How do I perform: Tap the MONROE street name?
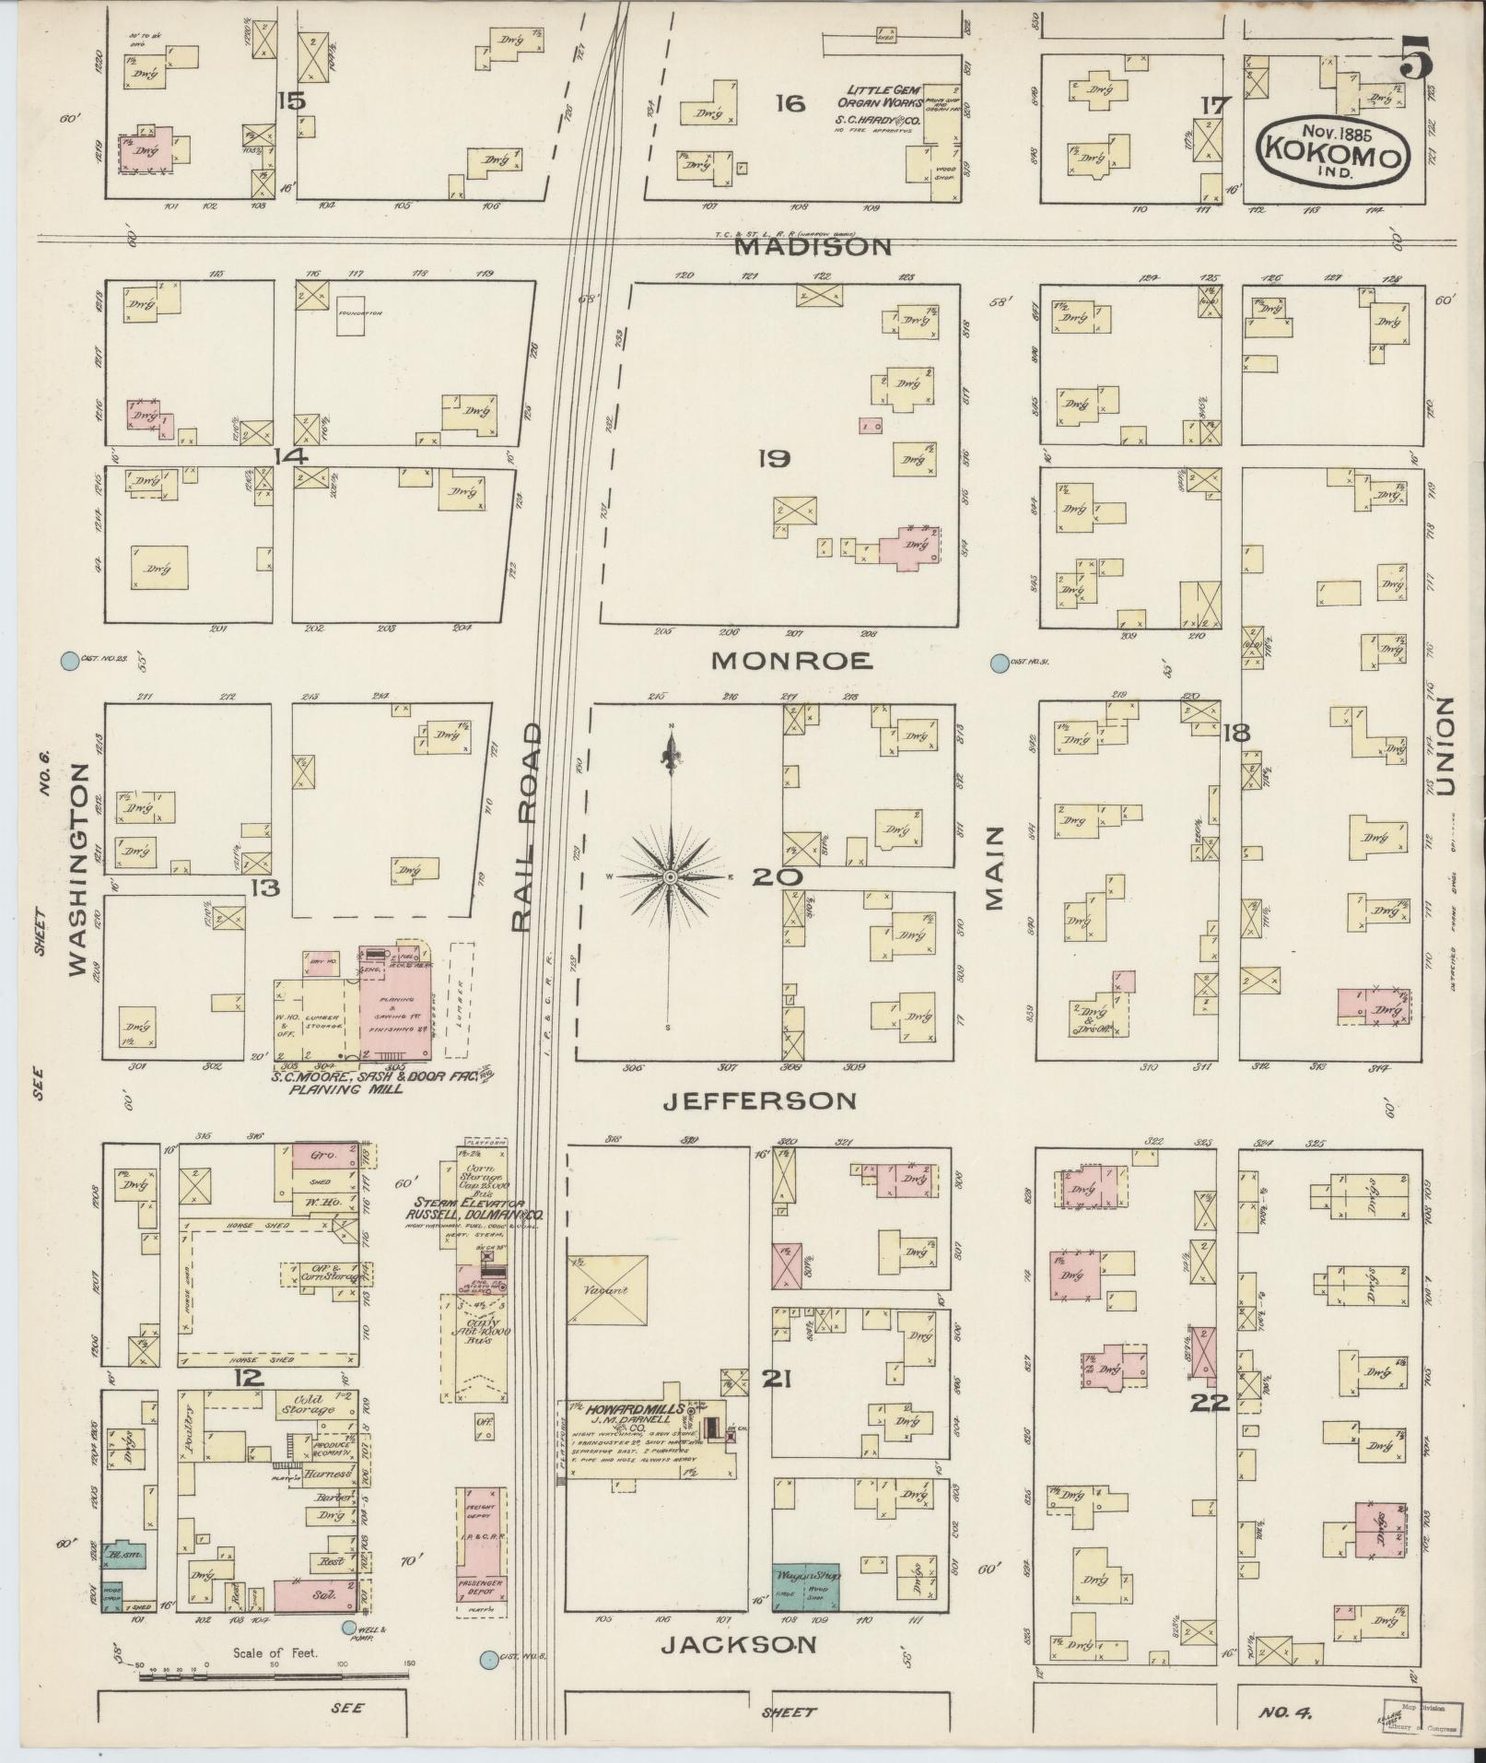(791, 660)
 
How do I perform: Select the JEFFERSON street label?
(760, 1100)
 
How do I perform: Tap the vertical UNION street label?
(1444, 745)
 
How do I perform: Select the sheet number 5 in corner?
(1415, 64)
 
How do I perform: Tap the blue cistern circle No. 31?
(999, 663)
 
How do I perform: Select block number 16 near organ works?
(789, 103)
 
